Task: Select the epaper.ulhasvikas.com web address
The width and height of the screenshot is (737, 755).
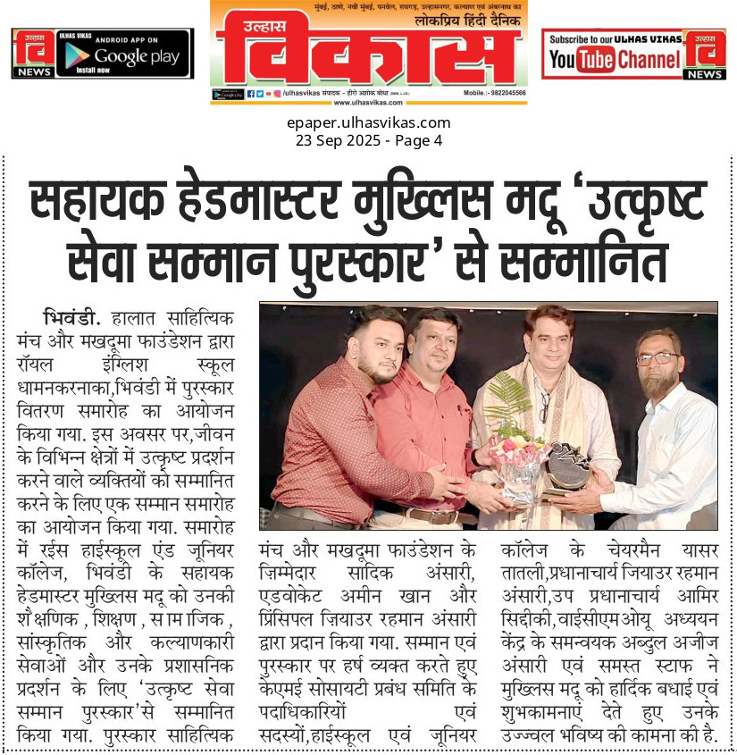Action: [369, 123]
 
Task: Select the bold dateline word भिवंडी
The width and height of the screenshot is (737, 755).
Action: [71, 316]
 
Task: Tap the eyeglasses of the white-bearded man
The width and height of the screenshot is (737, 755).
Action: [657, 358]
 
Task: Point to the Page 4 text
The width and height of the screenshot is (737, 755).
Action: [417, 140]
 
